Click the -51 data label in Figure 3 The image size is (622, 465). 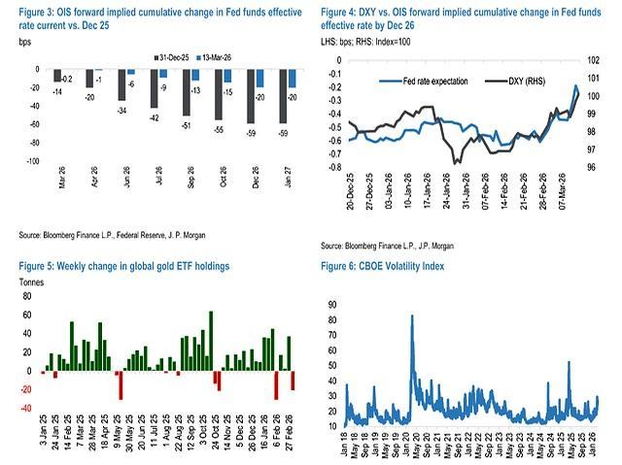[x=185, y=123]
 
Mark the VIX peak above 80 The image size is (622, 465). [x=412, y=316]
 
